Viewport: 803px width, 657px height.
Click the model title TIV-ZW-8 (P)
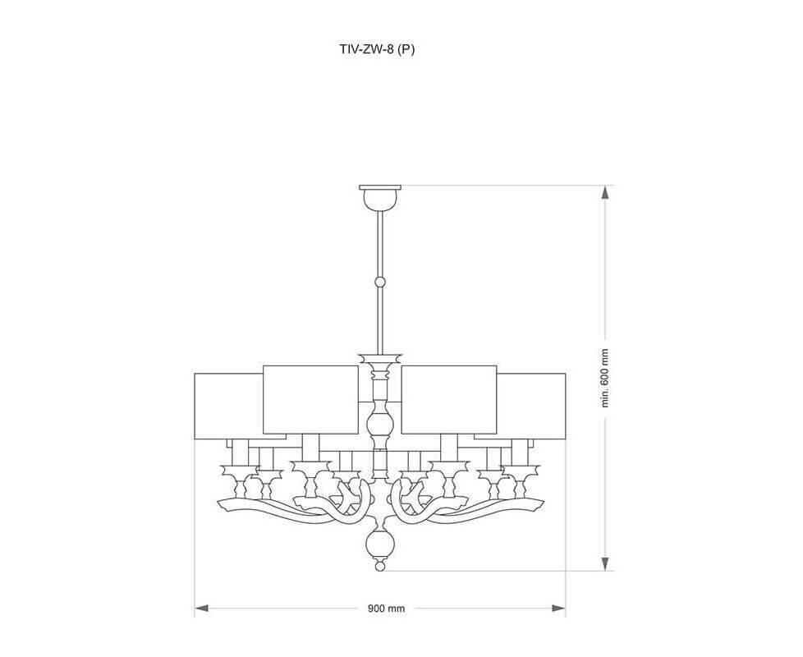click(377, 49)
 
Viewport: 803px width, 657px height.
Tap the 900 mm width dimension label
click(386, 609)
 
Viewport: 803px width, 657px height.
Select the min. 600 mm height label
click(605, 378)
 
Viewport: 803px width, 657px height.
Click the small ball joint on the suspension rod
click(380, 282)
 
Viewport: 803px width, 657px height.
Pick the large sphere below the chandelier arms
click(380, 544)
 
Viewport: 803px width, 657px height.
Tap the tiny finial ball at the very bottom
click(380, 567)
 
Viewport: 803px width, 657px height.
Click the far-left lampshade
click(228, 406)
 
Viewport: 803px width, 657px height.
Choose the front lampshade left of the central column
click(310, 399)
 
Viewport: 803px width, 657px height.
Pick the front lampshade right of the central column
click(449, 399)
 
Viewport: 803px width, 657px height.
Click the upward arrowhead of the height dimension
click(605, 192)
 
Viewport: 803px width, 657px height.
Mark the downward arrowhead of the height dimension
click(605, 564)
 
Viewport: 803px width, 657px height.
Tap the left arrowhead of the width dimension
click(202, 609)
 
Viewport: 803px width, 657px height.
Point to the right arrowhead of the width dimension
click(558, 609)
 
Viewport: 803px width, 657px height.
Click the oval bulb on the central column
click(380, 424)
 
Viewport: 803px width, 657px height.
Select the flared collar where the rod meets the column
click(380, 357)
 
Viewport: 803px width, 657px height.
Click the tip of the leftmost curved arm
click(218, 503)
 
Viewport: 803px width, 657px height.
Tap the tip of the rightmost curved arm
click(542, 503)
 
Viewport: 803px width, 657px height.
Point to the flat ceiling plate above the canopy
click(380, 187)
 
